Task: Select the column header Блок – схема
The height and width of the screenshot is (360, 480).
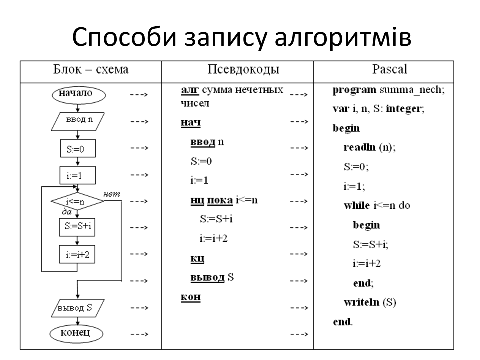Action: (90, 69)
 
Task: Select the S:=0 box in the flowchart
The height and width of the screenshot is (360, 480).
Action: (77, 148)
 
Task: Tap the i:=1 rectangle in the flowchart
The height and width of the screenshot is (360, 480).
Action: (77, 175)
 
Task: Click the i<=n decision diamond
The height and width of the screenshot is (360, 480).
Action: (77, 202)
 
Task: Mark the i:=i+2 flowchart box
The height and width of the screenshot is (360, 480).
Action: (77, 254)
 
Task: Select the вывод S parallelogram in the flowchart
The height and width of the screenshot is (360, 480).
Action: (77, 308)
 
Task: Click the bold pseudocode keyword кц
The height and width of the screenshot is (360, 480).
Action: (197, 259)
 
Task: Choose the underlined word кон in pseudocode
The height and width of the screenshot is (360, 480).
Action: (190, 297)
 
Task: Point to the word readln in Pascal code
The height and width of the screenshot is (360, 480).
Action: (359, 147)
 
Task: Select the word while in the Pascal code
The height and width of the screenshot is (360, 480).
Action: (357, 205)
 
